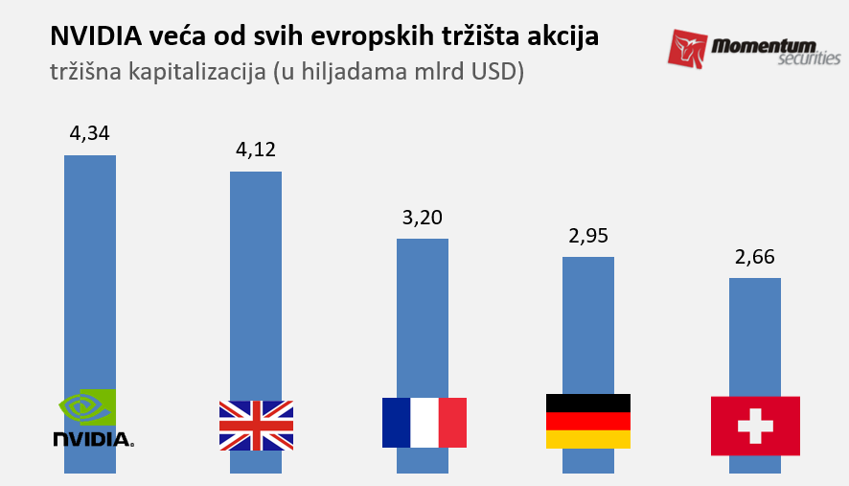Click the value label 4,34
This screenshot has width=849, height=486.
click(89, 133)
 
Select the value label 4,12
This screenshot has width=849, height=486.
click(256, 150)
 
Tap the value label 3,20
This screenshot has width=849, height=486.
click(423, 218)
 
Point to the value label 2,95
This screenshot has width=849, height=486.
click(588, 236)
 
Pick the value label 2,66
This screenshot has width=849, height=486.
click(755, 257)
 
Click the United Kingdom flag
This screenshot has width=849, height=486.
click(256, 425)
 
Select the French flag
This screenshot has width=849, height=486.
click(424, 423)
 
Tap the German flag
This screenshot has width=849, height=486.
click(588, 421)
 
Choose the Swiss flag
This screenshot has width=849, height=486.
click(755, 426)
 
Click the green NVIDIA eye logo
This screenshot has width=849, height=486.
click(87, 406)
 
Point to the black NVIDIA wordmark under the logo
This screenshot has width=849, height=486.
click(92, 439)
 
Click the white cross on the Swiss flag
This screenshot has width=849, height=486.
click(755, 426)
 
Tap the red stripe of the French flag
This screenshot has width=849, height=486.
click(452, 423)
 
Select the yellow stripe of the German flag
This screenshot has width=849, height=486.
click(588, 440)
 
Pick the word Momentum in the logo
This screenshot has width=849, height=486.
click(763, 44)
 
